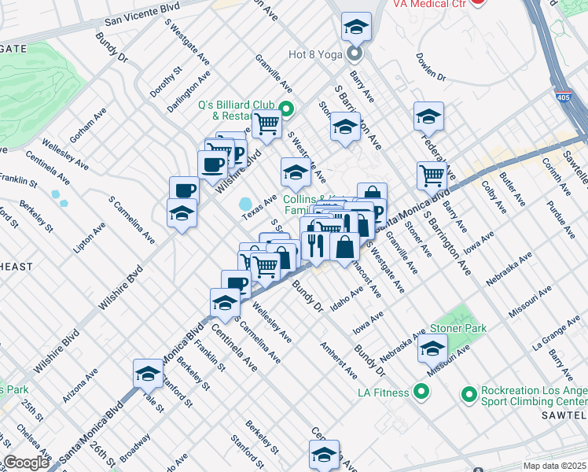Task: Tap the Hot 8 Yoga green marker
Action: click(x=355, y=54)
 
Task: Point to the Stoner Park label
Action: click(x=458, y=328)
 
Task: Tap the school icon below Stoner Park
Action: click(x=432, y=348)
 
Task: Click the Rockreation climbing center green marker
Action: click(x=469, y=393)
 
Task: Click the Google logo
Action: click(x=25, y=462)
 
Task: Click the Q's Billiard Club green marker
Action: click(x=286, y=109)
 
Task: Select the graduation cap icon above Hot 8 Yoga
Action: click(x=356, y=28)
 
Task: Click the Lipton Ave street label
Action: click(x=89, y=239)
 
